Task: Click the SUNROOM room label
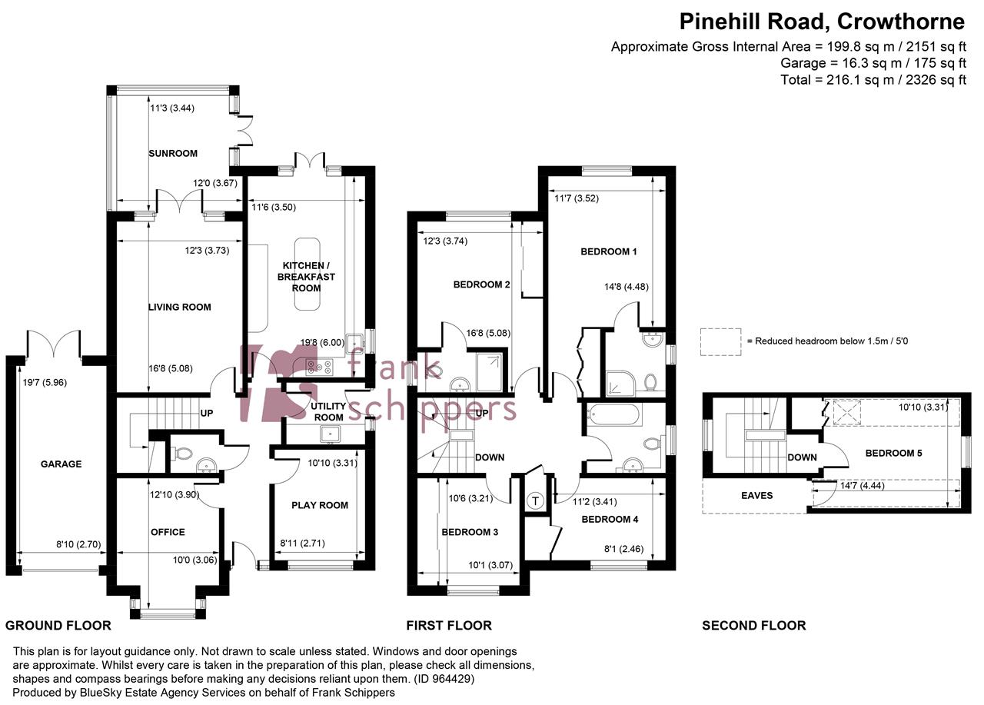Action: (172, 153)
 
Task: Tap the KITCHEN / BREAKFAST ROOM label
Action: (306, 276)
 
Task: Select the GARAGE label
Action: (61, 464)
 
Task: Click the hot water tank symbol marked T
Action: (534, 501)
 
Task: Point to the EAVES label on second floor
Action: (756, 495)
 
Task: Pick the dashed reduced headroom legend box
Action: (720, 341)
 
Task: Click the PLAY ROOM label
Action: (319, 505)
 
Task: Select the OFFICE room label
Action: (168, 532)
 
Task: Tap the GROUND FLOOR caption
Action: (58, 625)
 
